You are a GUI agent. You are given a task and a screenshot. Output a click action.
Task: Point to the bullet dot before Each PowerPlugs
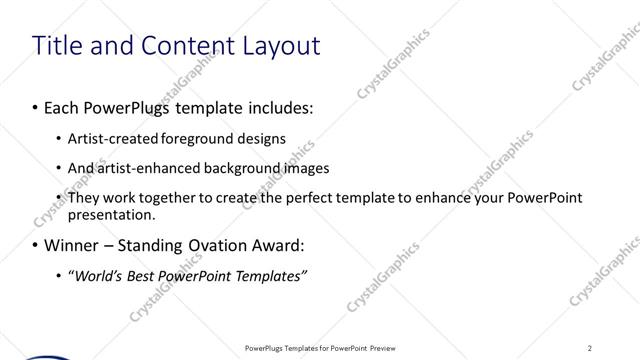[36, 105]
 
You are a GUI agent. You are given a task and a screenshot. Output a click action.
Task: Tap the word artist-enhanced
[140, 168]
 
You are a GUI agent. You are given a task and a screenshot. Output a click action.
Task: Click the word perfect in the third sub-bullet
[278, 198]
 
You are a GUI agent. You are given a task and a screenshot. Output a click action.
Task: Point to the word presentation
[111, 214]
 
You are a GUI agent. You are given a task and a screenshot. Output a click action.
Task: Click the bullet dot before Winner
[36, 245]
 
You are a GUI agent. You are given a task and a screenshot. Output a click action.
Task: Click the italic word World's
[98, 276]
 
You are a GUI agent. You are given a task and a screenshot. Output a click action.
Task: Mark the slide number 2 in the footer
[590, 347]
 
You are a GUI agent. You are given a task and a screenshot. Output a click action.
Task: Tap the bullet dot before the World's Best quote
[58, 276]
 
